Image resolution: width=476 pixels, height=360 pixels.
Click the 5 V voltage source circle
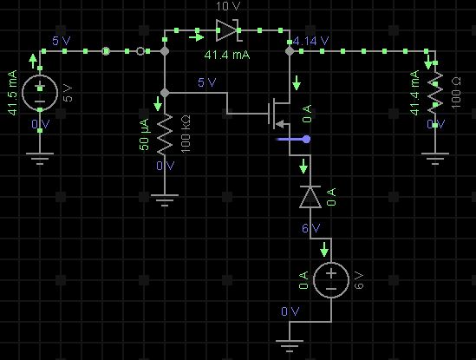coord(40,93)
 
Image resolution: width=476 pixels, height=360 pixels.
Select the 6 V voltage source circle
coord(330,279)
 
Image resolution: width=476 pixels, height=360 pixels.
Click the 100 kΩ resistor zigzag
coord(164,130)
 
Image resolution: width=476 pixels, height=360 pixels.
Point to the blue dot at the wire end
coord(306,139)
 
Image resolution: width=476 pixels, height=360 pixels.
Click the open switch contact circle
coord(140,51)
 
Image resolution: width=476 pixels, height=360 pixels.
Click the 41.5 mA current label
coord(12,92)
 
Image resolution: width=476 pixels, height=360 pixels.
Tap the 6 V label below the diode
coord(310,228)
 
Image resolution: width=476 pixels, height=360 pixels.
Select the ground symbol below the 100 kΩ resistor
coord(164,201)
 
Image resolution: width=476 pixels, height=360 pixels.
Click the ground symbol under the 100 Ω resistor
coord(434,158)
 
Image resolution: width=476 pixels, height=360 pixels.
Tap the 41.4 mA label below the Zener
coord(226,55)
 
